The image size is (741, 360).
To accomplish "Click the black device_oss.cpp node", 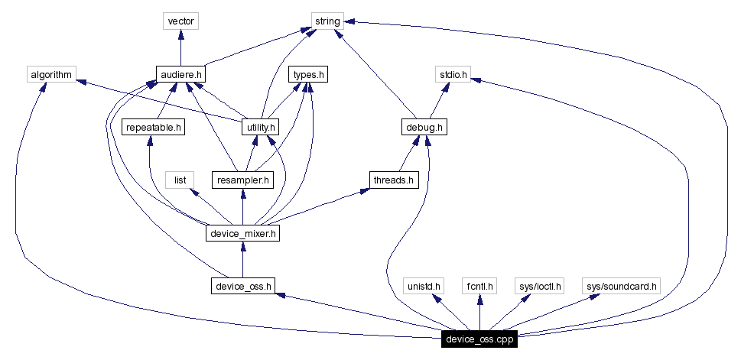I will click(x=479, y=339).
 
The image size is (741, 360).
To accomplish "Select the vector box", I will click(x=180, y=21).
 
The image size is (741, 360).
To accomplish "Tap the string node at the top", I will click(x=327, y=21).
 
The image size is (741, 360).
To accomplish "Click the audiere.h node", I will click(x=180, y=75).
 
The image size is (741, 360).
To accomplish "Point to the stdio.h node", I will click(x=452, y=75).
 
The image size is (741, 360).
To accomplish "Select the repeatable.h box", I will click(x=154, y=127).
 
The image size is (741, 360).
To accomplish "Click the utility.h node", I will click(x=259, y=127).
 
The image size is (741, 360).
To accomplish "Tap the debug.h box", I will click(x=424, y=127).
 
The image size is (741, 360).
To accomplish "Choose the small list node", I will click(x=180, y=180).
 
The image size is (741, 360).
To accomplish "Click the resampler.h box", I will click(x=242, y=180).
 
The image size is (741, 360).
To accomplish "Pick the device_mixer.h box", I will click(x=242, y=233).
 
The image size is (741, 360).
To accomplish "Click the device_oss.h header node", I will click(x=242, y=287).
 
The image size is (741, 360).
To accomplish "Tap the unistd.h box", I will click(x=424, y=287).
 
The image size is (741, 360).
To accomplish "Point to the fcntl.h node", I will click(x=479, y=287).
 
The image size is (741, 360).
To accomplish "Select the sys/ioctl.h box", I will click(x=538, y=287).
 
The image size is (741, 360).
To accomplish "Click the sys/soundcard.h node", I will click(x=620, y=287).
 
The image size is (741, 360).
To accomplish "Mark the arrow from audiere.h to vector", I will click(x=180, y=48).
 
